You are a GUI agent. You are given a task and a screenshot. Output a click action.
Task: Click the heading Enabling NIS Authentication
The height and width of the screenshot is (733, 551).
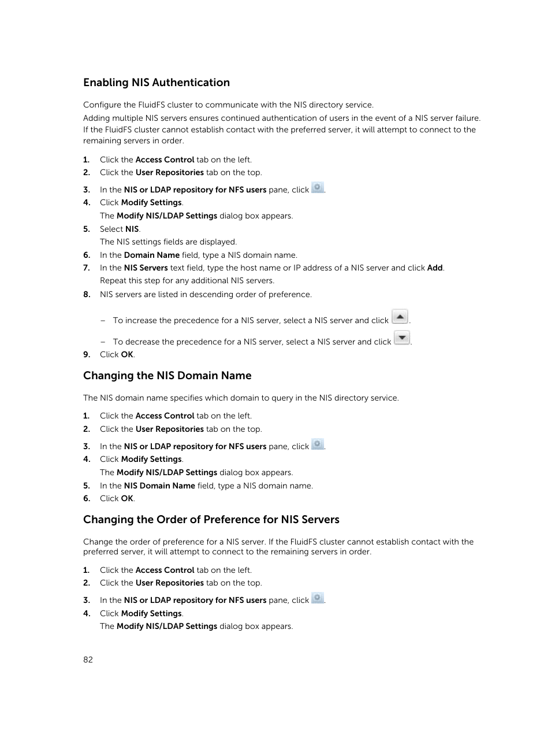pos(156,83)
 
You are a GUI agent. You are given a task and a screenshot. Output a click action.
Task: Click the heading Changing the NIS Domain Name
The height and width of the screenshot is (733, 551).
pos(167,376)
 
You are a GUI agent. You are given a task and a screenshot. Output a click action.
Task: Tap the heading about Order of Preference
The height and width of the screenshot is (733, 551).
pos(211,520)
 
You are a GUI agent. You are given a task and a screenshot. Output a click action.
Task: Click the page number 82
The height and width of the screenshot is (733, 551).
pos(88,660)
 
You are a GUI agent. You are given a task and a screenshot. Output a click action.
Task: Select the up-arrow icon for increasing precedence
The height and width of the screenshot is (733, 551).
pos(400,317)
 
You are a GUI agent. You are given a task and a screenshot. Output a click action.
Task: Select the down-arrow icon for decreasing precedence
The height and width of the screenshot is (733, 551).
pos(402,338)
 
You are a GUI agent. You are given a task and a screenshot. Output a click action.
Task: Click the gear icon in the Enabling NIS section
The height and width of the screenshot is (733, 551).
pos(318,188)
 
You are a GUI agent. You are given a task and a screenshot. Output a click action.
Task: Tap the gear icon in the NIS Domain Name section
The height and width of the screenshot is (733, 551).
pos(318,445)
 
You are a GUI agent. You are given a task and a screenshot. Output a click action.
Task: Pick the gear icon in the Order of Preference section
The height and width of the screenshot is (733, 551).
pos(318,598)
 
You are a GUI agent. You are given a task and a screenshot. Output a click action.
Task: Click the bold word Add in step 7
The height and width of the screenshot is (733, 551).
pos(434,268)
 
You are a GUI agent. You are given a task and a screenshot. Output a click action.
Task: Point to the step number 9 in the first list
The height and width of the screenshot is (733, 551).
pos(87,354)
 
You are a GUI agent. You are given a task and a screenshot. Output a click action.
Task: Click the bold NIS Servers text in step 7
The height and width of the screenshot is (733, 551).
pos(146,268)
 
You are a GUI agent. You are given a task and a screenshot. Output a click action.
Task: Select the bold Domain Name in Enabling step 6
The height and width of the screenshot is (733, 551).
pos(151,255)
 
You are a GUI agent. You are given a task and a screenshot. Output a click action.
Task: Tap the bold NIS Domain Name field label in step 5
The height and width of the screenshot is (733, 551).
pos(159,486)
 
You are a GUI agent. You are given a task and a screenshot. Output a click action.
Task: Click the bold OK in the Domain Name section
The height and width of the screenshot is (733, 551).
pos(127,498)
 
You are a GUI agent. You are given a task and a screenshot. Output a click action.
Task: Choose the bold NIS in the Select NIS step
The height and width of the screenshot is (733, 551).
pos(132,229)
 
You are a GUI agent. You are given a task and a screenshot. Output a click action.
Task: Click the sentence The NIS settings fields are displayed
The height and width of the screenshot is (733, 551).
pos(168,242)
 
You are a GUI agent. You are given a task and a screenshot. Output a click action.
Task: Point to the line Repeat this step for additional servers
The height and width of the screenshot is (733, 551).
pos(187,280)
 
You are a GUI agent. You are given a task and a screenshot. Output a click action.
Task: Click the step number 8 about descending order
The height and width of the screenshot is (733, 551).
pos(87,294)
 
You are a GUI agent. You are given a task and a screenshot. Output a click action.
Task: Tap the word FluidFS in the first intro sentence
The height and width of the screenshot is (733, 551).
pos(153,105)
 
